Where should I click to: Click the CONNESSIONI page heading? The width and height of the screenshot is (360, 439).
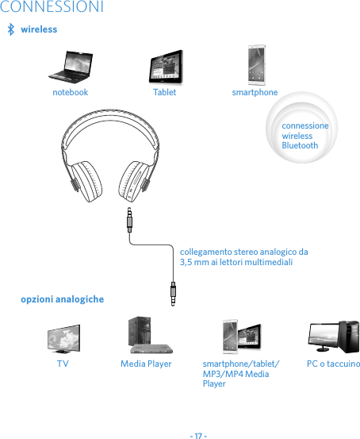52,8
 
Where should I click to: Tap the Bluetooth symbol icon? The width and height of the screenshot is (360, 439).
10,30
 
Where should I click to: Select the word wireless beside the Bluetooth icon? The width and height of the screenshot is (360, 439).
39,29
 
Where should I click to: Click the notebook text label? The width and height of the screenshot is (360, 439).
70,92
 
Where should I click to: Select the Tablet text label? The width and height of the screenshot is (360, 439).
164,92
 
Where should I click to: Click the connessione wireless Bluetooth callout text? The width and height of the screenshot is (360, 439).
304,136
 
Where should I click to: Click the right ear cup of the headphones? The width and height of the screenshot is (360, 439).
134,181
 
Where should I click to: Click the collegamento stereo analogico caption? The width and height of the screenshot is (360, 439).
243,256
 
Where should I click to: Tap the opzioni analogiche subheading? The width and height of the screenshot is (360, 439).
62,299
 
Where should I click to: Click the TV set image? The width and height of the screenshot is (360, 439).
63,339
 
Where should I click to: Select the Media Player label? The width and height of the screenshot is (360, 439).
146,364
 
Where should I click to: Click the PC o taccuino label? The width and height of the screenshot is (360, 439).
333,364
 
